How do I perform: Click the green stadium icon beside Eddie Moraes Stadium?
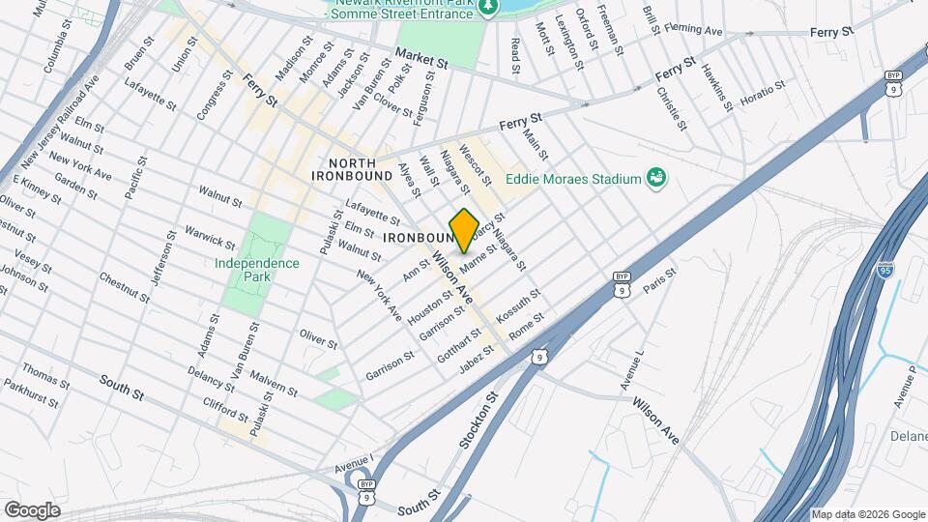(657, 177)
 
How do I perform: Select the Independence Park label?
(257, 271)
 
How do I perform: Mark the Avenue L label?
(632, 371)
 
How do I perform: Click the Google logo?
(32, 509)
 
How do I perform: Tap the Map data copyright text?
(868, 514)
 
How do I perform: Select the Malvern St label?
(274, 382)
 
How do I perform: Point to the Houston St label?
(430, 306)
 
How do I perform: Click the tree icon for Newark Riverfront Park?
(491, 8)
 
